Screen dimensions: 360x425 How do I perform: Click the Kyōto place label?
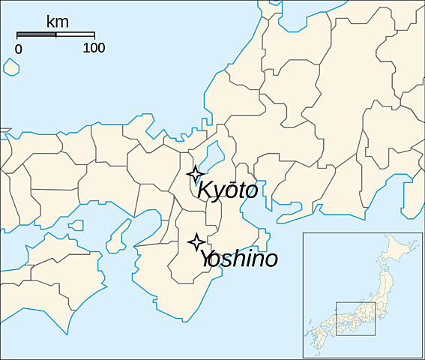tap(228, 190)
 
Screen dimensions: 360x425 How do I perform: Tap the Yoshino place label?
tap(238, 259)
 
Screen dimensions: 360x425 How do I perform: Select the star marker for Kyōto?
tap(195, 175)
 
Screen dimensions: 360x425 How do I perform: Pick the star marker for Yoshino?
tap(196, 241)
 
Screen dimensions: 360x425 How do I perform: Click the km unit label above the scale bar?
tap(57, 21)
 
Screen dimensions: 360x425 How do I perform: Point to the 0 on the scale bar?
tap(19, 49)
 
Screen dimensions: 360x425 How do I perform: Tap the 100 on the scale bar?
tap(94, 49)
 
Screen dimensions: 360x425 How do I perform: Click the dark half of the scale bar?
tap(36, 34)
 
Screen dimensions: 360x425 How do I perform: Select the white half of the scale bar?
tap(75, 34)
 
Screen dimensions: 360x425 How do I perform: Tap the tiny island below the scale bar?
tap(10, 66)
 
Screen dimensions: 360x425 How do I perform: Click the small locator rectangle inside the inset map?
tap(356, 319)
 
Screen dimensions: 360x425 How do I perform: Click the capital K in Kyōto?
tap(205, 190)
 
